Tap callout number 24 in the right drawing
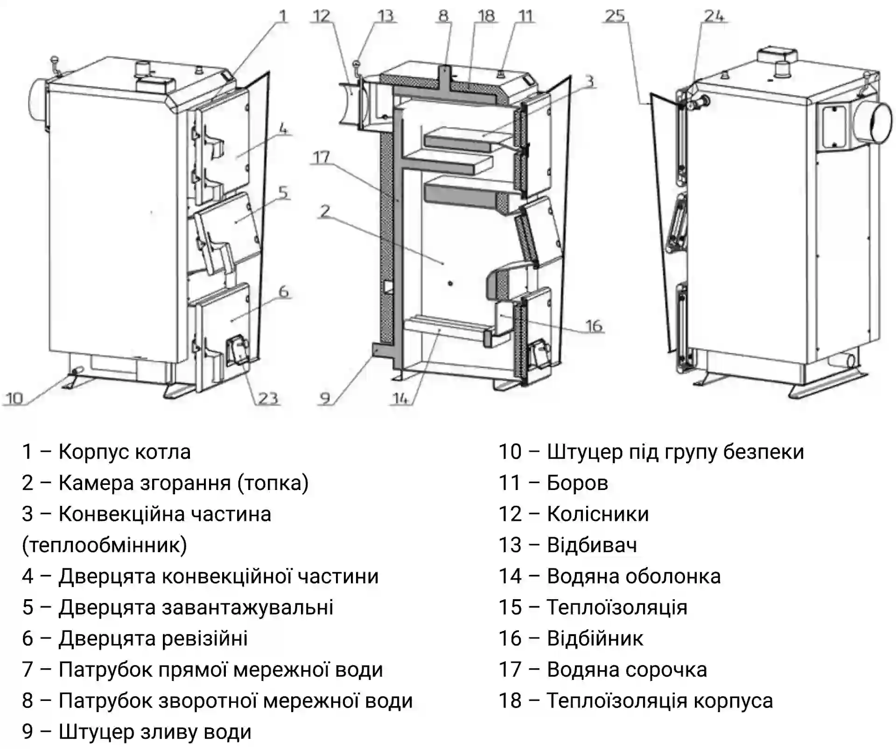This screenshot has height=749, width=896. point(714,16)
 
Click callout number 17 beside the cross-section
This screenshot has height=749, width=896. point(321,157)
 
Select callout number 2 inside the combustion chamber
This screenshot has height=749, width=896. point(325,211)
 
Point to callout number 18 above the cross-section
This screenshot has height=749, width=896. point(486,16)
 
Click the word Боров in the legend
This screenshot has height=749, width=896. point(577,483)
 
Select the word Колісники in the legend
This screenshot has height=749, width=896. point(598,514)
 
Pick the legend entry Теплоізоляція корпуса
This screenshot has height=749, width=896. point(659,701)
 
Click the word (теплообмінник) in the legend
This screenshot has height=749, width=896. point(105,545)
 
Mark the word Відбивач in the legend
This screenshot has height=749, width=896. point(592,545)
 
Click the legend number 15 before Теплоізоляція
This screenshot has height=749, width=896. point(510,608)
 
